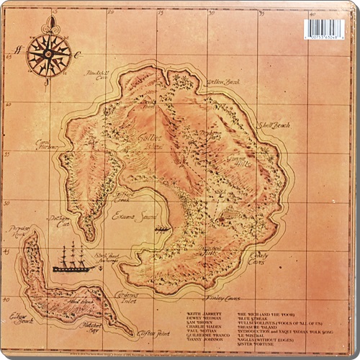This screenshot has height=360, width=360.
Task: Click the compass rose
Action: point(48,53)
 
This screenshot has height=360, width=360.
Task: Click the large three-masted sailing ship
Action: point(73,258)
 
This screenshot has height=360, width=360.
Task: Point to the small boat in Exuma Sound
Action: point(163,228)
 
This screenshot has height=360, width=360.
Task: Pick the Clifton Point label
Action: point(160,333)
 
